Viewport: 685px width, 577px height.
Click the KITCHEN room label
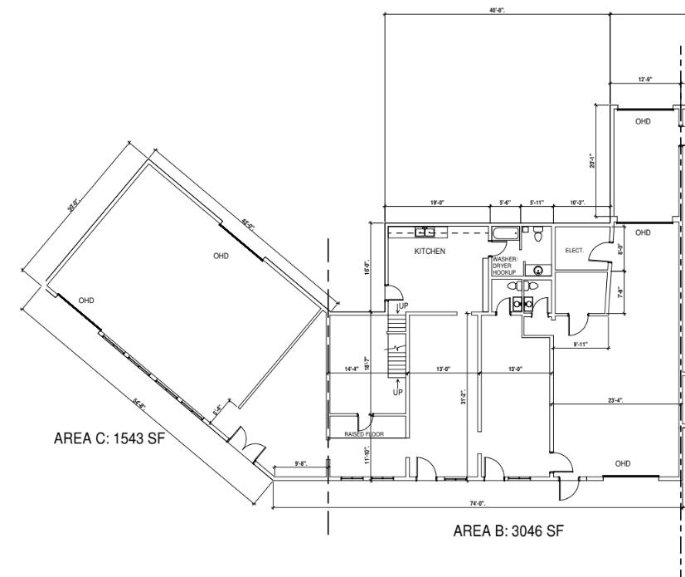click(430, 251)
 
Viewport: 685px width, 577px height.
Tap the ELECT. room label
click(575, 251)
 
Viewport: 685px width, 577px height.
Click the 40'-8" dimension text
click(498, 10)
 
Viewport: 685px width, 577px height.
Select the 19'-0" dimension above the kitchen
click(438, 203)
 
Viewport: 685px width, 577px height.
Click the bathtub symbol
click(505, 232)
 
